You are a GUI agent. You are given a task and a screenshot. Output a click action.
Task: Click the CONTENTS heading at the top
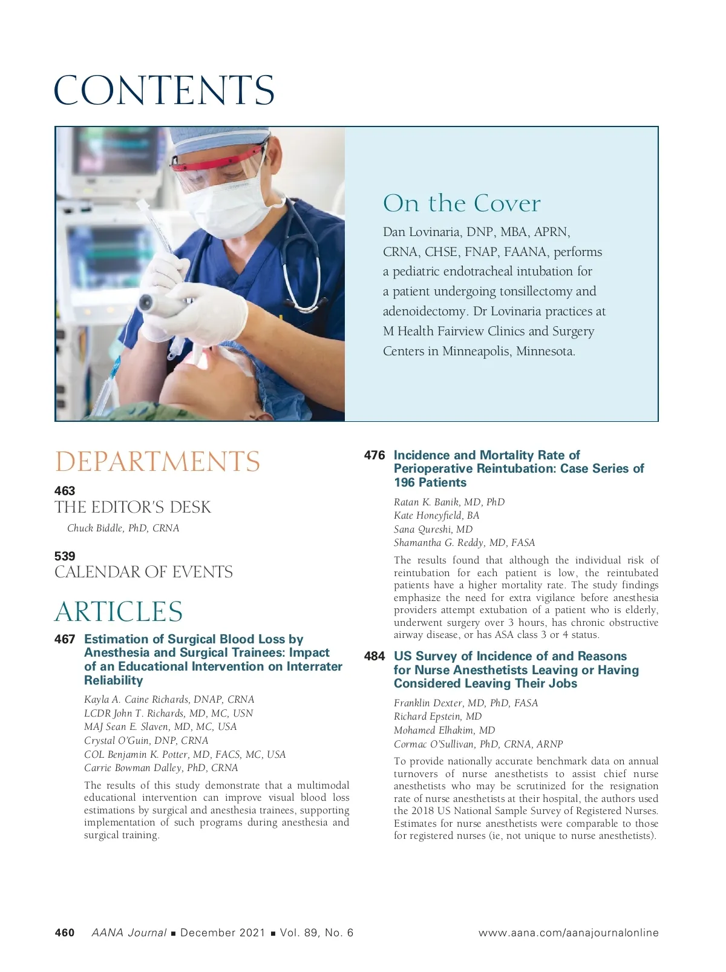click(x=164, y=91)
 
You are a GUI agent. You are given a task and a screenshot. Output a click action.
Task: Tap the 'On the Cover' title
click(x=462, y=203)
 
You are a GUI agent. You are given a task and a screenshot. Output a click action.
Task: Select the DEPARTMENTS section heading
click(x=157, y=462)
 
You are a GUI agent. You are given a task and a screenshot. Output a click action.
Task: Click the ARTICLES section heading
click(x=119, y=612)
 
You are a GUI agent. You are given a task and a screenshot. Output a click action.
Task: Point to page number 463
click(x=65, y=491)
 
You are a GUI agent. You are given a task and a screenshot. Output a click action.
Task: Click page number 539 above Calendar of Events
click(x=65, y=556)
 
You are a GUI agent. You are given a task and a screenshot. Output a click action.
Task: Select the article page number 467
click(x=65, y=639)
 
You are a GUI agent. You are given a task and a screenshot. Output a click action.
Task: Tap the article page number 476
click(x=374, y=455)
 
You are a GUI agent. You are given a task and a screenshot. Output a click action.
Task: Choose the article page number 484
click(x=374, y=656)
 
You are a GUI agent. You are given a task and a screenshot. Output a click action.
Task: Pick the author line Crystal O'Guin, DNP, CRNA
click(x=146, y=741)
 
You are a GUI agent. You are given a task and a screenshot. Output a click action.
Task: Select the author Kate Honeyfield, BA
click(x=436, y=516)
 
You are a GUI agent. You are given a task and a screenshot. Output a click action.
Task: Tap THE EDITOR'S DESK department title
click(x=132, y=508)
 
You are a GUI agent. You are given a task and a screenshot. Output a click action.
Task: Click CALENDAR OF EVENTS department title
click(x=143, y=573)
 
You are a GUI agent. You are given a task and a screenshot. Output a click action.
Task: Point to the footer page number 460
click(x=65, y=933)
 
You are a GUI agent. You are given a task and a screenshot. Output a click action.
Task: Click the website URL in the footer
click(x=568, y=933)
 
